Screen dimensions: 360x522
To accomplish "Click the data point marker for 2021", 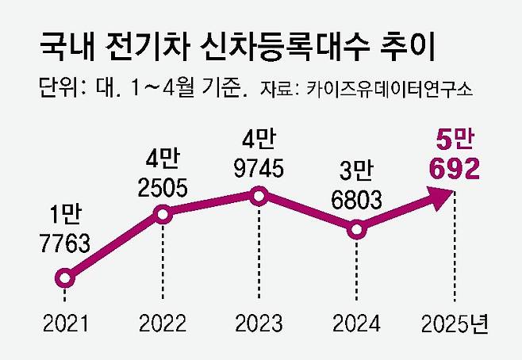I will pos(65,278).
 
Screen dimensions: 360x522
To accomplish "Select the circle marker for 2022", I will pos(162,213).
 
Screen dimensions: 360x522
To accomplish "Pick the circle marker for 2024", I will pos(357,230).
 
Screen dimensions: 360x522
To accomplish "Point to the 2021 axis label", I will pos(65,324).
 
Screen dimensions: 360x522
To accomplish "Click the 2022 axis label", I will pos(162,324).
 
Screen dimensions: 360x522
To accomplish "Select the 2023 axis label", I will pos(259,324).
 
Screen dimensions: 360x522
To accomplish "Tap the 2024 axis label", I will pos(357,324).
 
